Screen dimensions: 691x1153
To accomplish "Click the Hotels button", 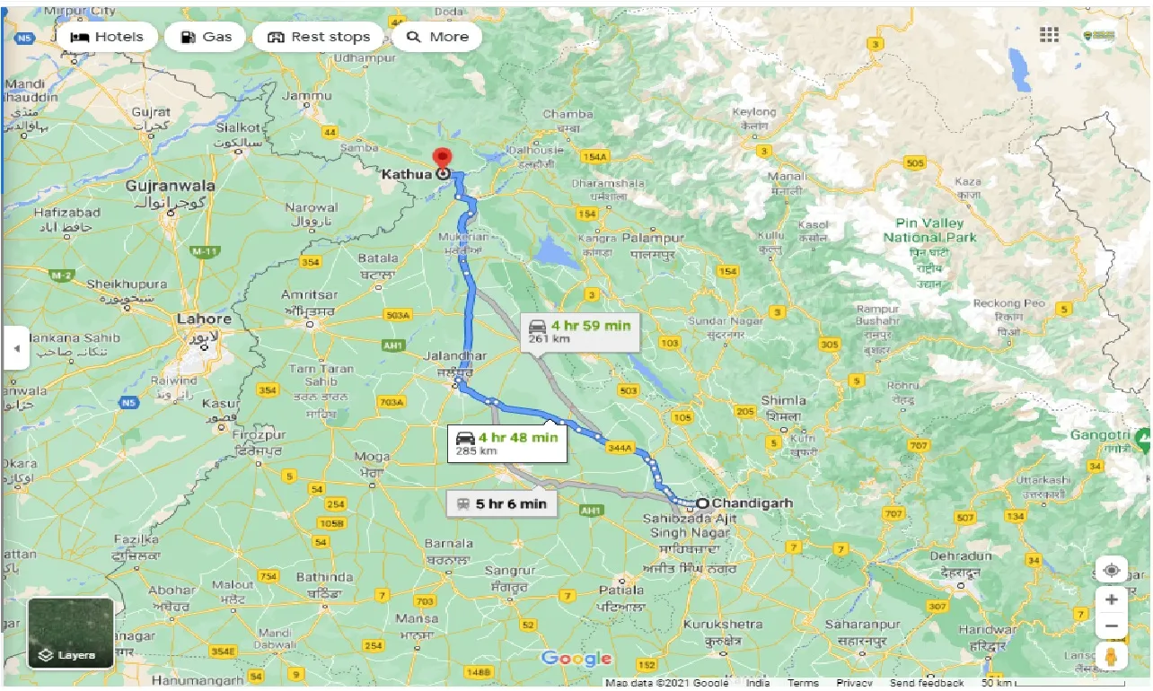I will point(107,37).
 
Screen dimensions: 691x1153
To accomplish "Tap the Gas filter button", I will point(206,37).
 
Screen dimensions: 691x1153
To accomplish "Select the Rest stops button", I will point(319,37).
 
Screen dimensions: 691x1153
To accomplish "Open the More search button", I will point(437,37).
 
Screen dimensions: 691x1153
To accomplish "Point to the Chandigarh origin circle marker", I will point(702,503).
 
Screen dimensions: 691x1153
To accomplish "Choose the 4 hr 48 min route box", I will point(507,443).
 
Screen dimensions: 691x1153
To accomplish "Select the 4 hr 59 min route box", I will point(579,331).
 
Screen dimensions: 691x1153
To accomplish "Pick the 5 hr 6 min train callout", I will point(502,503).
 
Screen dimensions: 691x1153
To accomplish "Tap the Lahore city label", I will point(204,319).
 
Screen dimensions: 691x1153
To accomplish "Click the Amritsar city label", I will point(309,295).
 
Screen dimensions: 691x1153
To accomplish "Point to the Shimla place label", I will point(784,400).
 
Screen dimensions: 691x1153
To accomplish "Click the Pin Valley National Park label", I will point(929,230).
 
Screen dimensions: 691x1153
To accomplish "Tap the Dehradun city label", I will point(961,556).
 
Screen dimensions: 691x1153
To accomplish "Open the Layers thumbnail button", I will point(71,633).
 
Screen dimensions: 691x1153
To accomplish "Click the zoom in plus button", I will point(1112,599).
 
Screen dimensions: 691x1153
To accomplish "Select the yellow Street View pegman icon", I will point(1112,656).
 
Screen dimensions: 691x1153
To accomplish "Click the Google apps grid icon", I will point(1049,35).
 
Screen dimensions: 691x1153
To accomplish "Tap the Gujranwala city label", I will point(171,186).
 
